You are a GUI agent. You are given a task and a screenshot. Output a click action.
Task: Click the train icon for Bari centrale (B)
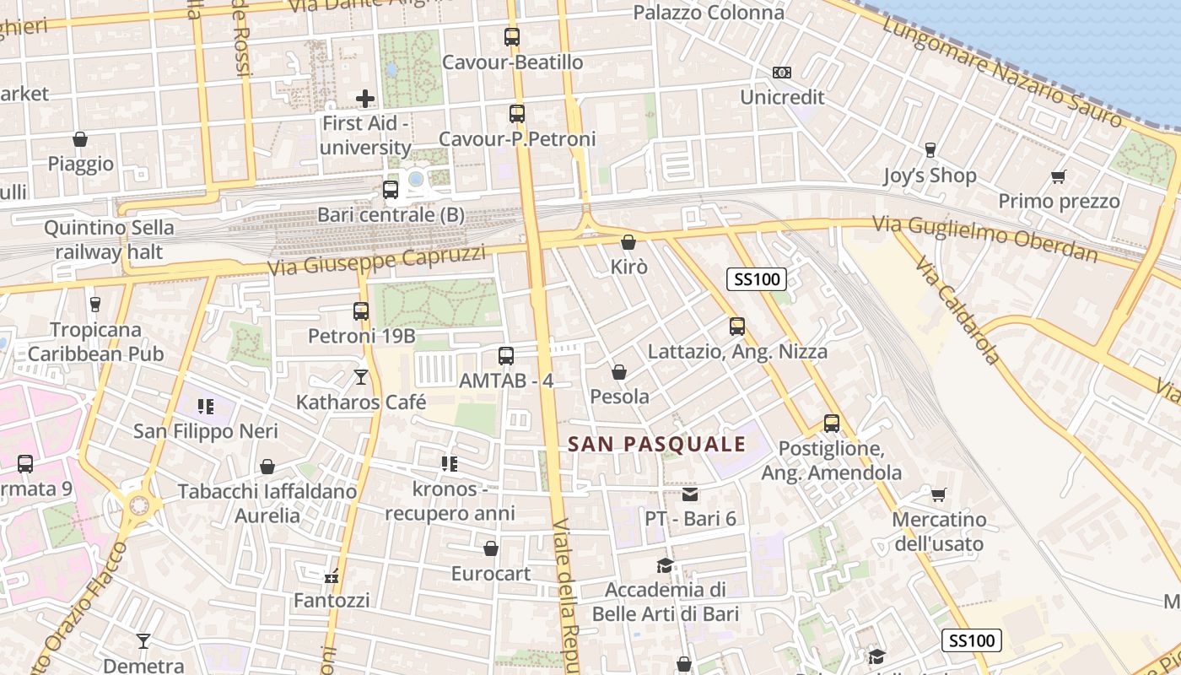pyautogui.click(x=390, y=190)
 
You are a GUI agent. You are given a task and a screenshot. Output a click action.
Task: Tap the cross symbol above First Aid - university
pyautogui.click(x=365, y=99)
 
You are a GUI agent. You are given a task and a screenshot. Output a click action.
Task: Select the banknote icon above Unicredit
pyautogui.click(x=782, y=73)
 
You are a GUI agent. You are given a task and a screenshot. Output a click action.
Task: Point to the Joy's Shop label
pyautogui.click(x=929, y=175)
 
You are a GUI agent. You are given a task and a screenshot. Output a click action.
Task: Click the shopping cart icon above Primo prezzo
pyautogui.click(x=1059, y=176)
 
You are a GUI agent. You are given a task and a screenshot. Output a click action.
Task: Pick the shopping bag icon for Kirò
pyautogui.click(x=628, y=242)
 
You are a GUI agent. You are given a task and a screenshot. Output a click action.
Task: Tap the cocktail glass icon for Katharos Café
pyautogui.click(x=361, y=377)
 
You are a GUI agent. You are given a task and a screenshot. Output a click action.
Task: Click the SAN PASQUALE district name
pyautogui.click(x=657, y=444)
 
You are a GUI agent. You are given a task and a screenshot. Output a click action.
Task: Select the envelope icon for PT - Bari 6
pyautogui.click(x=690, y=494)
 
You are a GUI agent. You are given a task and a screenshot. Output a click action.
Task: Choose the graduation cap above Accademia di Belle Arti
pyautogui.click(x=666, y=564)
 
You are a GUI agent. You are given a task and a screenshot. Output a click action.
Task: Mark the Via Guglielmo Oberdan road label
pyautogui.click(x=984, y=239)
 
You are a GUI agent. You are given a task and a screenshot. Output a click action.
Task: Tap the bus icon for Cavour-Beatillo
pyautogui.click(x=512, y=37)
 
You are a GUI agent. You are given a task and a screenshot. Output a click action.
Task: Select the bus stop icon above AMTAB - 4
pyautogui.click(x=506, y=356)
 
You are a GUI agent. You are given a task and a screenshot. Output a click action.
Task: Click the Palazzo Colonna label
pyautogui.click(x=709, y=13)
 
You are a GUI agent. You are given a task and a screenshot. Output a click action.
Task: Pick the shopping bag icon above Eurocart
pyautogui.click(x=491, y=549)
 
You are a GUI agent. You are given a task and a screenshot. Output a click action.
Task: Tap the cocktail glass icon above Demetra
pyautogui.click(x=143, y=641)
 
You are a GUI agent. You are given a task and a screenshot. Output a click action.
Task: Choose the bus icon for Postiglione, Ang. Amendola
pyautogui.click(x=832, y=424)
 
